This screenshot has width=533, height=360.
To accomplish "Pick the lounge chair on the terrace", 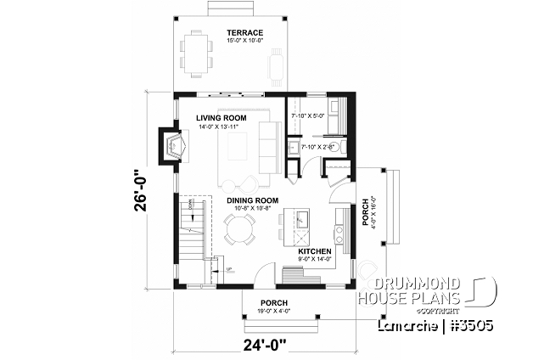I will tap(277, 64).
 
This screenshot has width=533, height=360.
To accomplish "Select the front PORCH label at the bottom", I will tap(273, 303).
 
